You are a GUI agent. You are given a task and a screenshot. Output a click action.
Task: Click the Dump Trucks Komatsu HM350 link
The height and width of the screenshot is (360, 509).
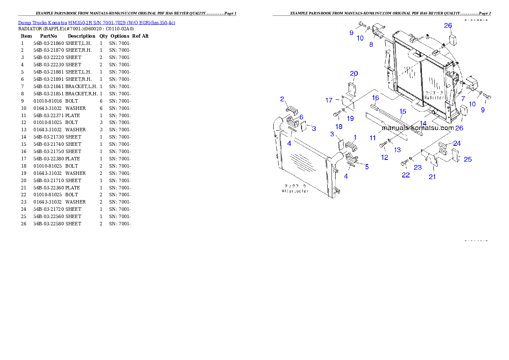click(97, 23)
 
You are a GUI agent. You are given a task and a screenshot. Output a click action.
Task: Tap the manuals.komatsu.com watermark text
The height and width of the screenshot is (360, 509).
click(417, 127)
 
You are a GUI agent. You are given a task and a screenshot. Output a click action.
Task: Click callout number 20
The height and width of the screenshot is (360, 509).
click(354, 74)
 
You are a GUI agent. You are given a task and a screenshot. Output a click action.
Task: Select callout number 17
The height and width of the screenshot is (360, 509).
click(328, 100)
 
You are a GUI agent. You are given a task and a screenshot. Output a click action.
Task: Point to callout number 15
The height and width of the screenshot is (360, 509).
click(402, 111)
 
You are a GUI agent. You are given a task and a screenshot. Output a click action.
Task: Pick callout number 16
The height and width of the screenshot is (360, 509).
click(375, 98)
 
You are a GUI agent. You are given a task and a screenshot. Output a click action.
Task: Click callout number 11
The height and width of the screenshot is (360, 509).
click(373, 138)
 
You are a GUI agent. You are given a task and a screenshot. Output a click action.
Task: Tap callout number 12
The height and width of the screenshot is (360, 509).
click(385, 157)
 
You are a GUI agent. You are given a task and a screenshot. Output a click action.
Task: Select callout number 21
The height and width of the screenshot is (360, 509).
click(432, 177)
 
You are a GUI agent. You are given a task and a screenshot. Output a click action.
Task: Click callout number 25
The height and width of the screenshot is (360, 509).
click(468, 159)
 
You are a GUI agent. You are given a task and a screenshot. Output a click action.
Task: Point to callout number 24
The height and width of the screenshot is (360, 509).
click(457, 144)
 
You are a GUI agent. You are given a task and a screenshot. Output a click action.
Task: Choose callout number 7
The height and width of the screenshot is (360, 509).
click(463, 98)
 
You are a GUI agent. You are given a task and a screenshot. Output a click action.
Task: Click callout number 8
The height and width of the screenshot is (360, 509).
click(371, 44)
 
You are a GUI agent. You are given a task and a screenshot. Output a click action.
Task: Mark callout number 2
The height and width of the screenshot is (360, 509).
click(282, 99)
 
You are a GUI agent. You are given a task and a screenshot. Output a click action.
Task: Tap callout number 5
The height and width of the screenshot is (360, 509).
click(367, 167)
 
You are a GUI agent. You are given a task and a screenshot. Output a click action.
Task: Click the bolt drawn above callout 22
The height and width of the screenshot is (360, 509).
click(405, 163)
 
